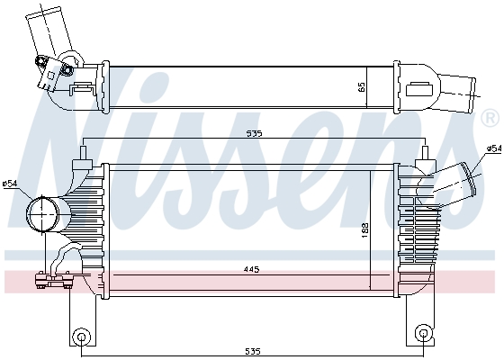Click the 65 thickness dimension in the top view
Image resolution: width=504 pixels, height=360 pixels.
point(362,87)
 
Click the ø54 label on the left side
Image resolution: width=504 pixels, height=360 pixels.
point(10,184)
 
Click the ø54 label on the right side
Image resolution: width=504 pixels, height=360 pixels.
point(493,148)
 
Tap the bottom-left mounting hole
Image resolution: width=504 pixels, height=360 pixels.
point(82,337)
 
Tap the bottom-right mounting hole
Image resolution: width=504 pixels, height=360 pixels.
point(422,337)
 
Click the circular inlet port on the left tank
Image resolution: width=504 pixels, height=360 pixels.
point(41,213)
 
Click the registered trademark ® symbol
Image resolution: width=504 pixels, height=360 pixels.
point(489,119)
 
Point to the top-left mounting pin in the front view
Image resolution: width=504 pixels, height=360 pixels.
point(83,155)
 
